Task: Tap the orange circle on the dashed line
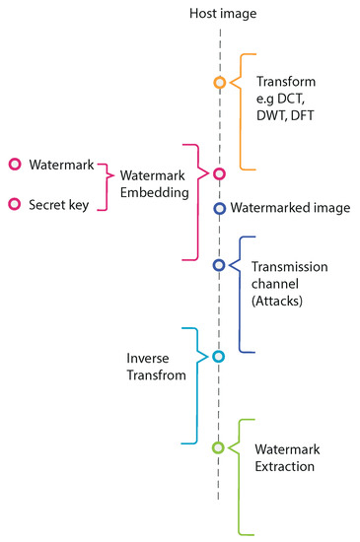(x=220, y=82)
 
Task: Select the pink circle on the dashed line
(x=220, y=174)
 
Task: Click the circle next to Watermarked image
(x=220, y=208)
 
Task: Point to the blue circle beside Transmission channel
(x=220, y=264)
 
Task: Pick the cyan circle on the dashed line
(x=219, y=356)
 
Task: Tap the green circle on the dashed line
(x=219, y=447)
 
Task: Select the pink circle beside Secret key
(x=15, y=204)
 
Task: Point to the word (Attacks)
(x=279, y=300)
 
